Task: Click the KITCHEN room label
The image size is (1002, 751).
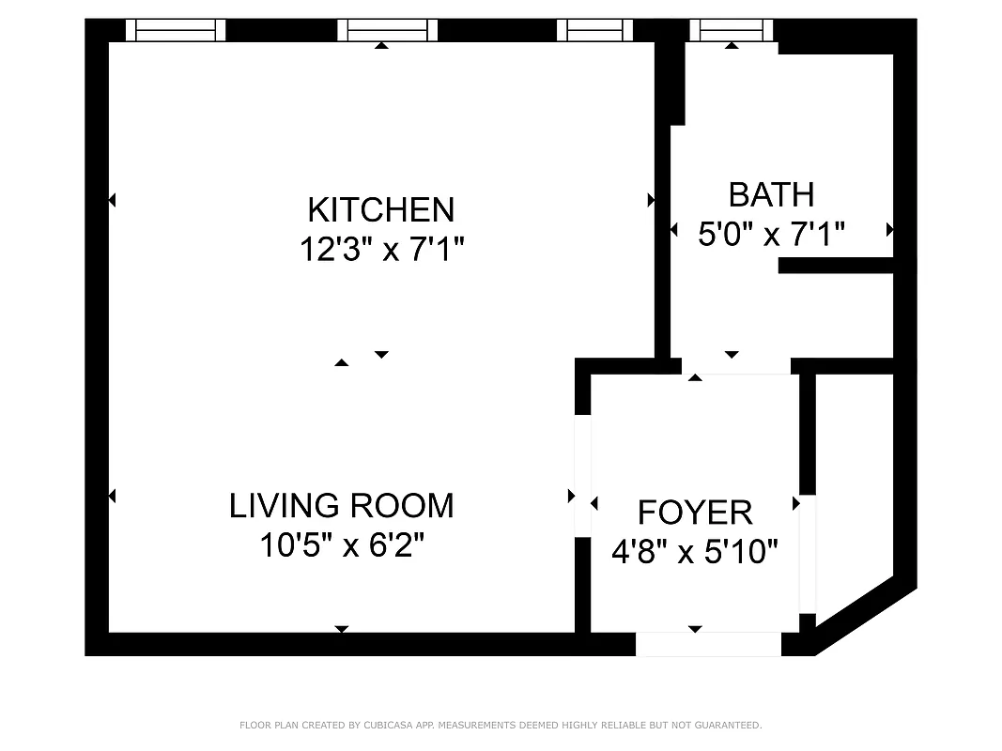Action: (381, 208)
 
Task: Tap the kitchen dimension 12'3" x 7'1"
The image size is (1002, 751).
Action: (381, 250)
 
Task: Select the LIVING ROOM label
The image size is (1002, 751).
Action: (341, 506)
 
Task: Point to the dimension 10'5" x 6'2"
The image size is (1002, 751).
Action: (342, 545)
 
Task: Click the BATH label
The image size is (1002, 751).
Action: (771, 194)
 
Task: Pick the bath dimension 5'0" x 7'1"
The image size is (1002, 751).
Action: (771, 234)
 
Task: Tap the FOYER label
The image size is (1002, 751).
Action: (695, 513)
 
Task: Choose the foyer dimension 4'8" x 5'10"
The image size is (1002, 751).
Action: (695, 552)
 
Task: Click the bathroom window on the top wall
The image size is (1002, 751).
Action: (732, 31)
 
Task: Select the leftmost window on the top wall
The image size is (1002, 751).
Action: (176, 31)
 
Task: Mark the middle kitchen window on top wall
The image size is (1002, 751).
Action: (388, 31)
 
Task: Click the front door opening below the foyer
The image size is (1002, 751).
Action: (708, 644)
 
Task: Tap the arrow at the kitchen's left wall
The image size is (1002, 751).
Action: (112, 200)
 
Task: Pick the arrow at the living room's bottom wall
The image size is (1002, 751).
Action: (342, 629)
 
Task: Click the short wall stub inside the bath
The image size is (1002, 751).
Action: (835, 266)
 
